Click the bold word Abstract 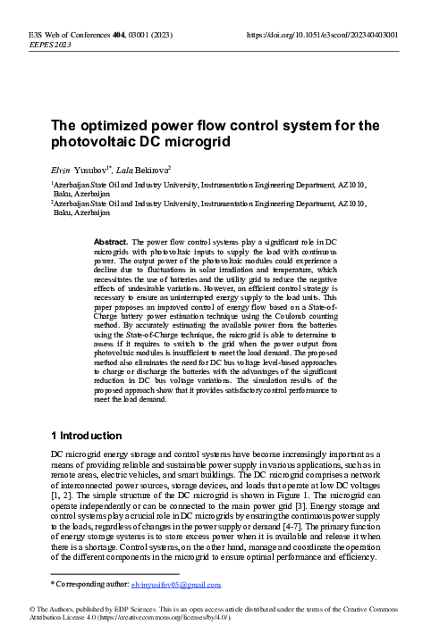(112, 242)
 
